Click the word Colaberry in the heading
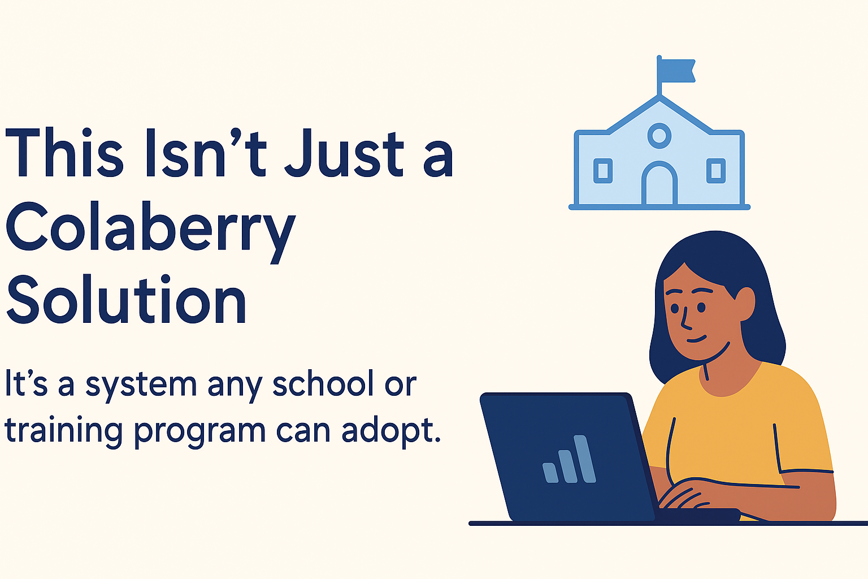[x=151, y=232]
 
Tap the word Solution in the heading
[x=127, y=299]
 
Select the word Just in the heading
[x=345, y=153]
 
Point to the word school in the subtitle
[x=320, y=384]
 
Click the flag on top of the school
[x=678, y=71]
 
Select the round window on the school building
[x=659, y=136]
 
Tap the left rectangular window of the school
[x=603, y=171]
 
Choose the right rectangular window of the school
[x=716, y=171]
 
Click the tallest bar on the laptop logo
[x=584, y=459]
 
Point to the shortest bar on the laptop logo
[x=550, y=473]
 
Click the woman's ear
[x=745, y=304]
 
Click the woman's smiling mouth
[x=696, y=339]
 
